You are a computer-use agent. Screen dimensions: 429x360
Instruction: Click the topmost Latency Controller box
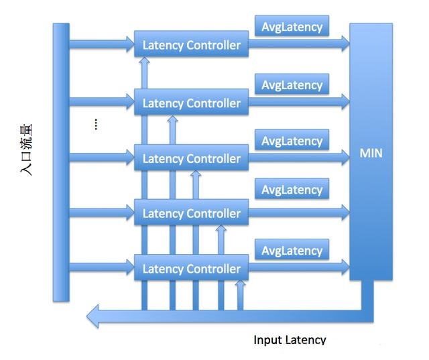[x=191, y=44]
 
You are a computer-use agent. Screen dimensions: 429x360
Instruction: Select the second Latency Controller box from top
[x=191, y=102]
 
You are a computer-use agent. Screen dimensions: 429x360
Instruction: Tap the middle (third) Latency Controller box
[x=191, y=158]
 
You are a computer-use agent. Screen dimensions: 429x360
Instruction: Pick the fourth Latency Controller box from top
[x=191, y=213]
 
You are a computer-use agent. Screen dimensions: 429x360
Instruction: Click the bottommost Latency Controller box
[x=191, y=267]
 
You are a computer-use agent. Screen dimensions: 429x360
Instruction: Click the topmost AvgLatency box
[x=292, y=25]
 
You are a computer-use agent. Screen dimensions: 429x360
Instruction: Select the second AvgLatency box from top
[x=292, y=84]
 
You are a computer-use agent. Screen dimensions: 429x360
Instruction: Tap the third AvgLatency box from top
[x=292, y=140]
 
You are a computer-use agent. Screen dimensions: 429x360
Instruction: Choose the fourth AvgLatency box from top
[x=292, y=189]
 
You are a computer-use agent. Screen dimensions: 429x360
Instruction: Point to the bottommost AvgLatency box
[x=292, y=249]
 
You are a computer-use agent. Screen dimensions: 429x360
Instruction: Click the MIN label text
[x=371, y=153]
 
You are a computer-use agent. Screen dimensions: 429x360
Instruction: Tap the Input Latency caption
[x=290, y=340]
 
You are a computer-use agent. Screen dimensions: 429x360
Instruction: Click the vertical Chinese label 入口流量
[x=26, y=149]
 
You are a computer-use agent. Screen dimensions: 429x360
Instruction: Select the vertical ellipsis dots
[x=96, y=124]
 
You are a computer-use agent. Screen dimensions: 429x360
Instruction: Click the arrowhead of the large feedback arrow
[x=93, y=316]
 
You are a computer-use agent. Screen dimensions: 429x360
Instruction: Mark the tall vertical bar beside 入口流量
[x=61, y=162]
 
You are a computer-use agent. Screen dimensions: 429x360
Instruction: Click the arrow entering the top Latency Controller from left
[x=102, y=44]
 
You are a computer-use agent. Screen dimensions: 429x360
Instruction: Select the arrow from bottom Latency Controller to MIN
[x=299, y=267]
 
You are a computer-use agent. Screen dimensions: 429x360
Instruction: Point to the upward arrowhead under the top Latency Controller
[x=145, y=60]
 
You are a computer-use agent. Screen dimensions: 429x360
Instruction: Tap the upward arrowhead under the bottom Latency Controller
[x=240, y=284]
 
